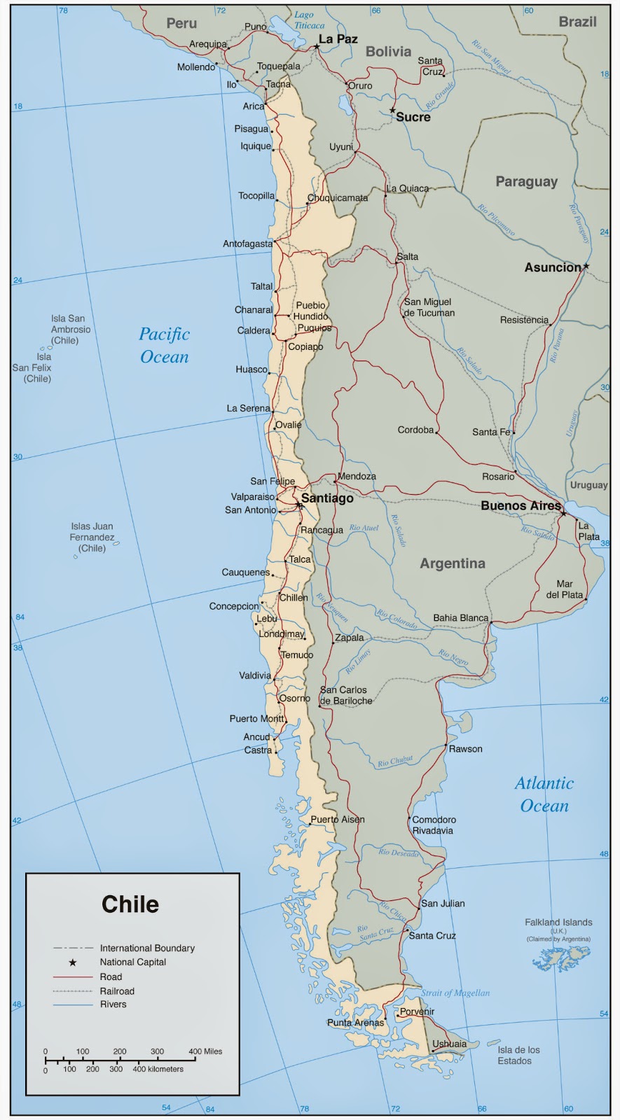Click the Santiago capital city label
(327, 498)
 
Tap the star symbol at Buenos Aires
(563, 513)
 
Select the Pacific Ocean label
(165, 345)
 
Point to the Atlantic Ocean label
(544, 794)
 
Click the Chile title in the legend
(130, 904)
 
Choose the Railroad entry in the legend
(116, 991)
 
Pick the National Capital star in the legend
(73, 962)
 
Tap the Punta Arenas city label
(355, 1023)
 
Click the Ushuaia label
(449, 1044)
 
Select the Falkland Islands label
(558, 923)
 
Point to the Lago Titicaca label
(308, 20)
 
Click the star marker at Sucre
(392, 111)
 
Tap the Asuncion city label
(553, 267)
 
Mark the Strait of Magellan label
(455, 993)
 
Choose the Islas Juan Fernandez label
(92, 537)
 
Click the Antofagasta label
(247, 244)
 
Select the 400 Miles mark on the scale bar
(205, 1051)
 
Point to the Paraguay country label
(526, 181)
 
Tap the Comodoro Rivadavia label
(434, 825)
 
